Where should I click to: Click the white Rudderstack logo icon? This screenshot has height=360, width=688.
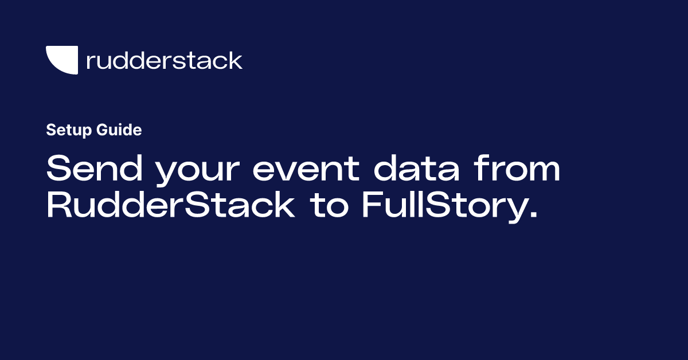click(61, 60)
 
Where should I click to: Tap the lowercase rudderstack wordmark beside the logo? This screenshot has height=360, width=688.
click(164, 60)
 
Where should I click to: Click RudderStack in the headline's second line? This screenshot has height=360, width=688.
click(170, 206)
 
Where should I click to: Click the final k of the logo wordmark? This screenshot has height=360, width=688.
click(236, 60)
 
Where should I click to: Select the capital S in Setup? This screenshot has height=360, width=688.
click(50, 130)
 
